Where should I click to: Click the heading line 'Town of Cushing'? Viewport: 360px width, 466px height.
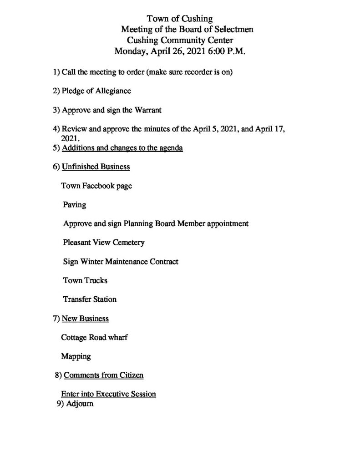180,19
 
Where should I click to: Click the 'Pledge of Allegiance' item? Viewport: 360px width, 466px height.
96,91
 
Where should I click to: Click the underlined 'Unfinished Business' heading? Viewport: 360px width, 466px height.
96,167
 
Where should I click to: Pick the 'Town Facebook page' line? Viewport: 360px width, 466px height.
96,186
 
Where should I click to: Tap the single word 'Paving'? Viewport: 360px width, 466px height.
75,205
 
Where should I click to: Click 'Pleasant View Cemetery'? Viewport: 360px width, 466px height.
104,243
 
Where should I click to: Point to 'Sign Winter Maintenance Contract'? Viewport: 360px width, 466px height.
121,262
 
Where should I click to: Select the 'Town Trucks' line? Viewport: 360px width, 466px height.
85,280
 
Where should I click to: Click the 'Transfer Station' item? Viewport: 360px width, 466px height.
90,299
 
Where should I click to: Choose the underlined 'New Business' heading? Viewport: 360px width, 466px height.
85,319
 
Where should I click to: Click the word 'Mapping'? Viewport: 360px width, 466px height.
76,356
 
